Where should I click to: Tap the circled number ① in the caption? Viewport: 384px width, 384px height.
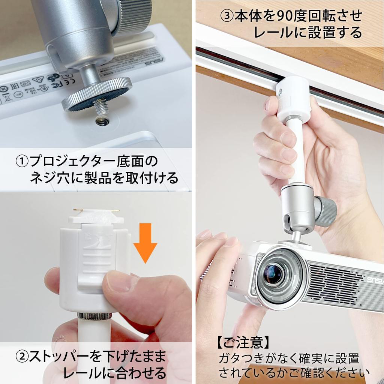[22, 162]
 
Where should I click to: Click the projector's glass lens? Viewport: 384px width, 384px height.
[273, 274]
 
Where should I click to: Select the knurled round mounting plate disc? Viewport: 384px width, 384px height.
[97, 94]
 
